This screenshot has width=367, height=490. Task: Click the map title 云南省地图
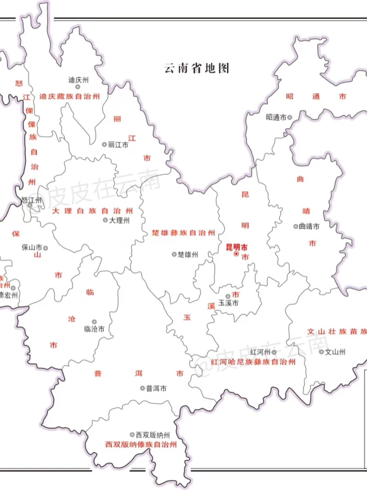tap(196, 68)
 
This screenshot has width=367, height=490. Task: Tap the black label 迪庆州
tap(78, 80)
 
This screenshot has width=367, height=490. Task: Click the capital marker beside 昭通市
tap(290, 117)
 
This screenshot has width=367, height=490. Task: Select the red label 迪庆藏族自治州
tap(70, 97)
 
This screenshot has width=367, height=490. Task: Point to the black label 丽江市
tap(118, 145)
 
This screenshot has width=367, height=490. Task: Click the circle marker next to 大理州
tap(105, 220)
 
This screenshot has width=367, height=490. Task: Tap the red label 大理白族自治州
tap(92, 211)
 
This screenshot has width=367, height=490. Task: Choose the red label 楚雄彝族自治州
tap(183, 233)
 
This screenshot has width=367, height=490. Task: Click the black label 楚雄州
tap(188, 255)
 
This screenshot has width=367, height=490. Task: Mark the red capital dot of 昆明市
tap(236, 254)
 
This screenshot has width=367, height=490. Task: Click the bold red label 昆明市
tap(237, 247)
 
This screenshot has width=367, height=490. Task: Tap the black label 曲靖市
tap(309, 226)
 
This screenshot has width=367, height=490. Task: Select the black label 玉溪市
tap(228, 303)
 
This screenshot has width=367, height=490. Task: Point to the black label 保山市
tap(32, 247)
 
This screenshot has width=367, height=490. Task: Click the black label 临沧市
tap(94, 329)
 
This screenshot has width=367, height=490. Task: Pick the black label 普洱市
tap(156, 388)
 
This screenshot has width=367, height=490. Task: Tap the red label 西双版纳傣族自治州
tap(141, 444)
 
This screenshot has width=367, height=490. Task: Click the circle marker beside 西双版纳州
tap(132, 435)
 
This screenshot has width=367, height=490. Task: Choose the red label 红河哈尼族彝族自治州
tap(253, 362)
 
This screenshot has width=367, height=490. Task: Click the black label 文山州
tap(335, 352)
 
